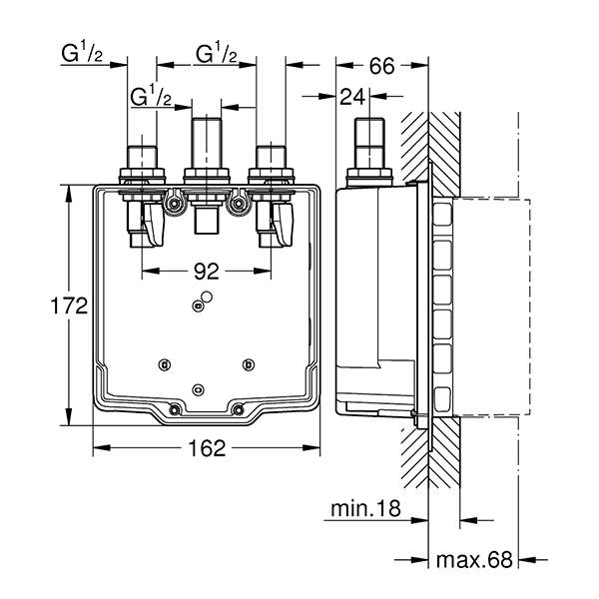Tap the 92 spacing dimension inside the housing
coord(207,269)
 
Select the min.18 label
coord(365,509)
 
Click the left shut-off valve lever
coord(153,225)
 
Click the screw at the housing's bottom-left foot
coord(175,407)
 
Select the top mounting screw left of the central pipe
coord(176,205)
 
